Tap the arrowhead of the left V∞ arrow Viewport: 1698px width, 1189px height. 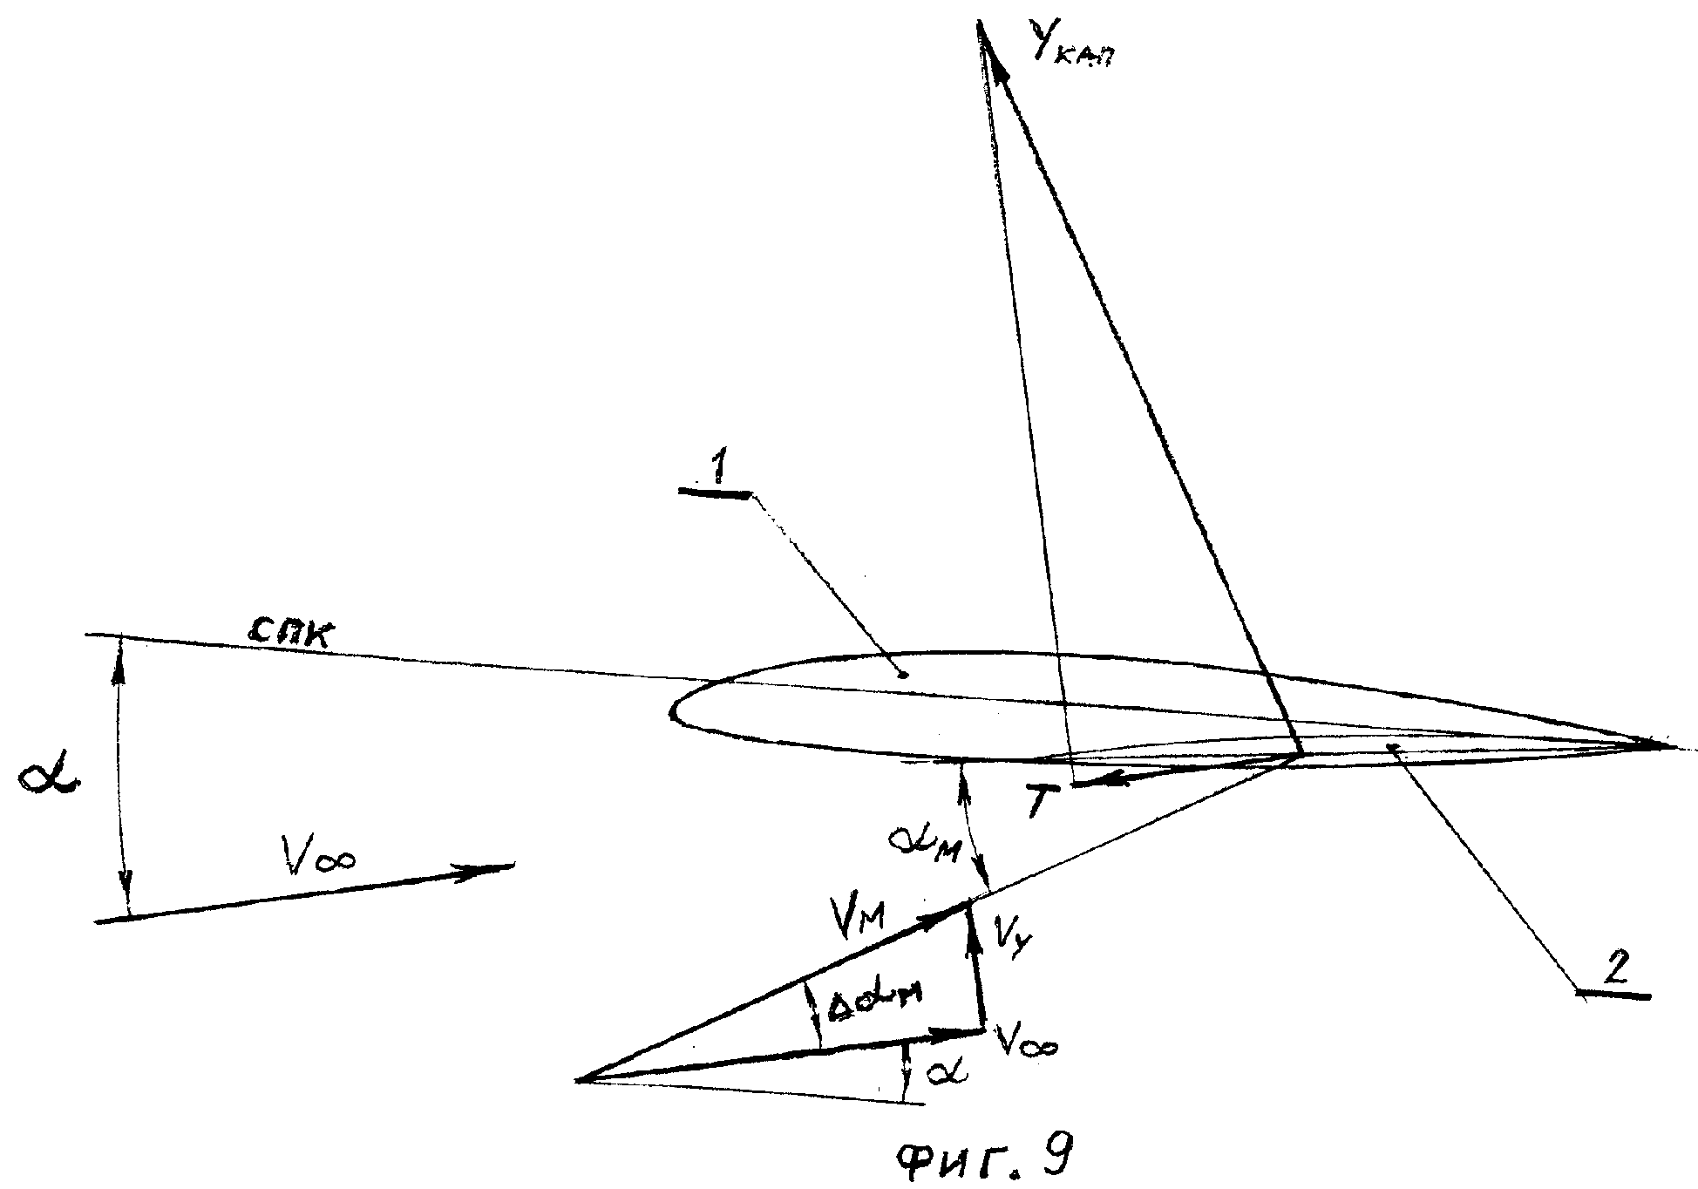point(506,866)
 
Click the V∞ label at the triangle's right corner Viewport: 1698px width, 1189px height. point(1029,1043)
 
